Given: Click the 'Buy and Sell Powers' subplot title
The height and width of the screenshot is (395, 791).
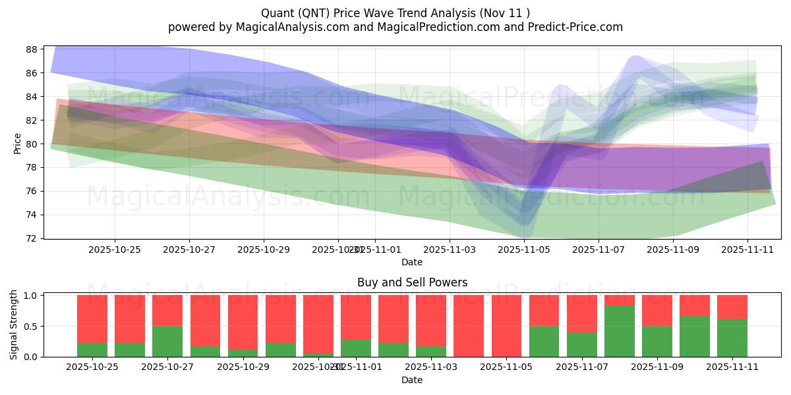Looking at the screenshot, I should pos(412,282).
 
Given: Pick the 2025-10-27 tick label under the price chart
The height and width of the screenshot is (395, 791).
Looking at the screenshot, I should pos(189,250).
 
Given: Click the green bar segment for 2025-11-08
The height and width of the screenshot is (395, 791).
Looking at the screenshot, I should pos(620,331).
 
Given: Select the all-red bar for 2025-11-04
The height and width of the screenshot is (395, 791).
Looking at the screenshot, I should pos(469,326).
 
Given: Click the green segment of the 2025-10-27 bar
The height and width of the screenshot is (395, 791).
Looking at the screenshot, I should pos(167,342).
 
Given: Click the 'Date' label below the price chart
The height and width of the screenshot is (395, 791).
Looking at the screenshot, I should pos(412,262).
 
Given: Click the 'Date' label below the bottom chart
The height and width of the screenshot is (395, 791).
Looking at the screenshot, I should pos(412,380).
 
